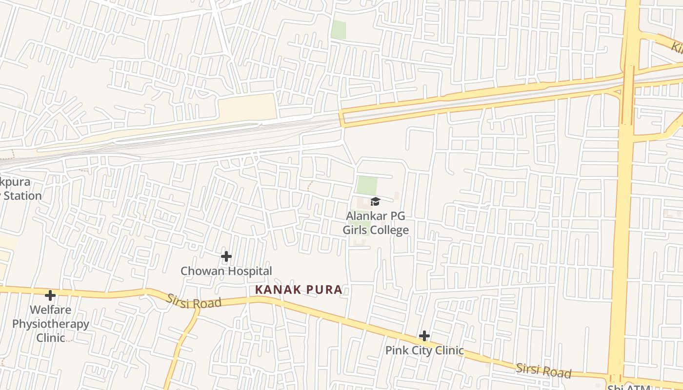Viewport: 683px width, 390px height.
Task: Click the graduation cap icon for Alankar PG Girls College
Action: point(375,201)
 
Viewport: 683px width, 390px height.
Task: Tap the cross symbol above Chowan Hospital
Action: point(226,256)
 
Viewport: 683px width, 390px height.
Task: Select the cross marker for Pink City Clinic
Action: point(424,336)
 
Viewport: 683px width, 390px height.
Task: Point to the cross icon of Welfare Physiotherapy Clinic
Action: point(50,295)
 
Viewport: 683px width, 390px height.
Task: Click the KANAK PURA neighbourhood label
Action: point(299,290)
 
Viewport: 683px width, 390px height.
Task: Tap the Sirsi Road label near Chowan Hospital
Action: point(194,301)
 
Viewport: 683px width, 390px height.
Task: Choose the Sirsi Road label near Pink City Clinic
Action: point(543,370)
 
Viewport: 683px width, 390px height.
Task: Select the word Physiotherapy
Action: point(51,324)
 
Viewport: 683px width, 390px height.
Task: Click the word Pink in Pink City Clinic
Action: point(396,351)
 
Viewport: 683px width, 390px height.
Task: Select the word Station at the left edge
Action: point(22,195)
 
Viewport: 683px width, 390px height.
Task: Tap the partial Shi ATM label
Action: point(629,388)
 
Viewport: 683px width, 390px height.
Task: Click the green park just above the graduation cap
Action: point(367,185)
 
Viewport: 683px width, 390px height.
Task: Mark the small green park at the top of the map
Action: point(339,30)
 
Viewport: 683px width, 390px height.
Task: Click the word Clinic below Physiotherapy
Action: point(51,337)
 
